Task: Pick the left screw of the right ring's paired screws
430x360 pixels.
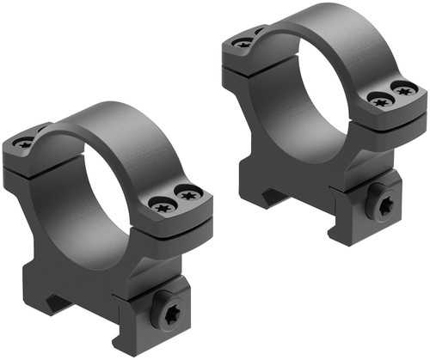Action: [x=378, y=99]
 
